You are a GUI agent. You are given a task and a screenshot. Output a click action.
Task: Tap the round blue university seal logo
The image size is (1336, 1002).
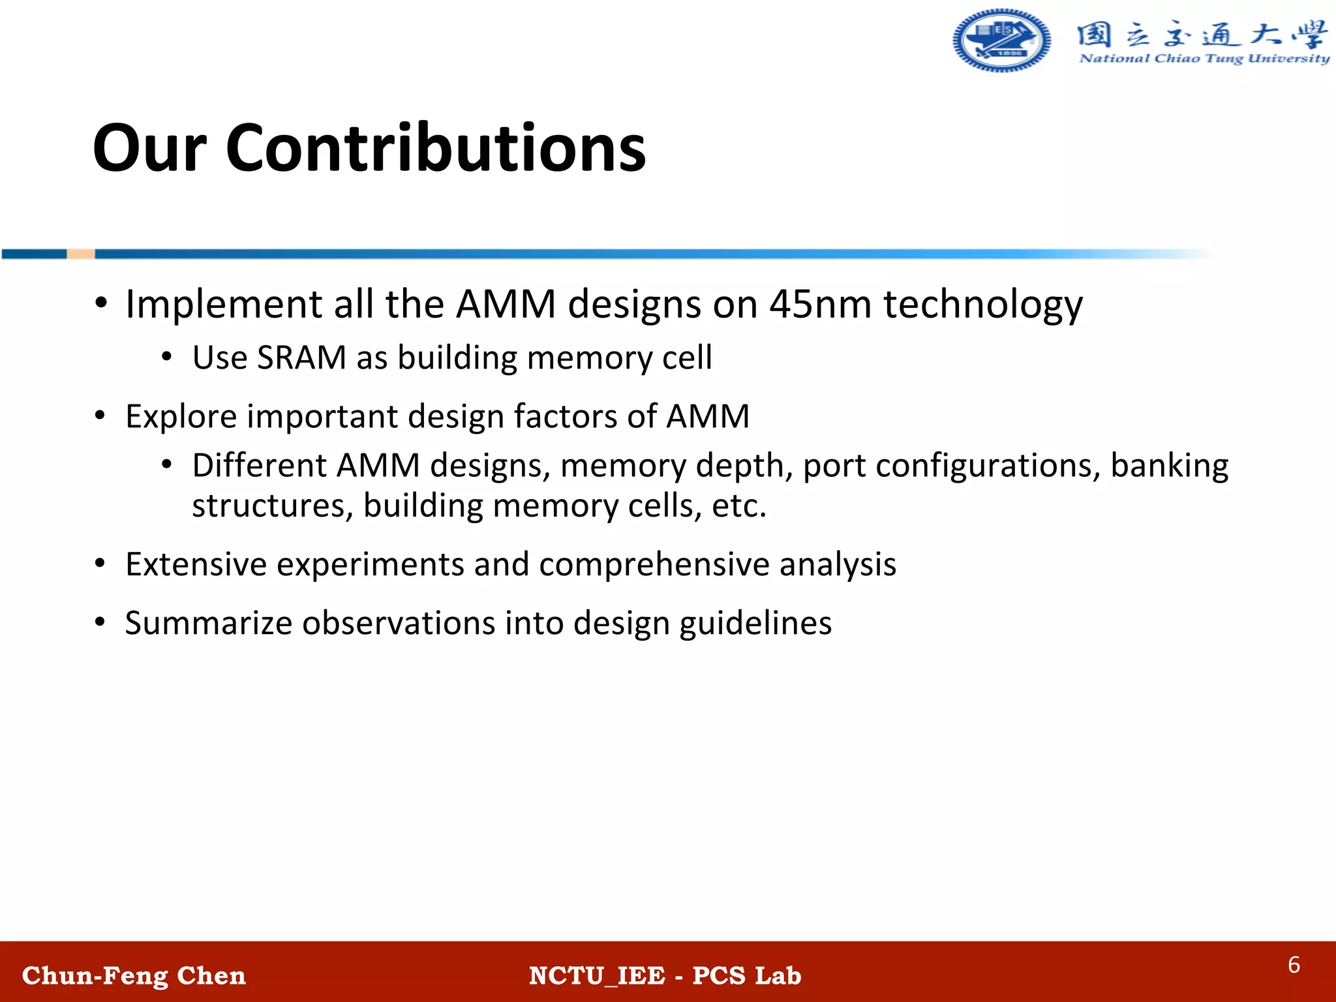(1001, 40)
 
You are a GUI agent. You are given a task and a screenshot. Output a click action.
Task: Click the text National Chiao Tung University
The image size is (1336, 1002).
(1204, 59)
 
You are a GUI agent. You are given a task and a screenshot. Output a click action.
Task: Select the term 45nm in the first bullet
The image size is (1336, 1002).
(820, 304)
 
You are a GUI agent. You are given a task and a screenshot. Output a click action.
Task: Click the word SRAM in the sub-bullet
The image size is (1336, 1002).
(301, 358)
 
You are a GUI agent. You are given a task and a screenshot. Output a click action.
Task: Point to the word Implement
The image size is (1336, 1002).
(224, 305)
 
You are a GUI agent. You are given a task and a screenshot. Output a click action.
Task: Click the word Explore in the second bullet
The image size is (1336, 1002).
(181, 417)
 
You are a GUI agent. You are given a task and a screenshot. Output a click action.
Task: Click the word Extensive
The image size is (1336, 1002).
(196, 564)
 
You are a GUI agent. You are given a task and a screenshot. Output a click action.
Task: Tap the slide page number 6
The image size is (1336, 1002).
(1294, 965)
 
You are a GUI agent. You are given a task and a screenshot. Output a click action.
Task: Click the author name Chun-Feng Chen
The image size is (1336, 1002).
(134, 976)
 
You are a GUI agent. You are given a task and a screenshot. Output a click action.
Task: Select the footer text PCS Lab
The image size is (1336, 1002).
(746, 976)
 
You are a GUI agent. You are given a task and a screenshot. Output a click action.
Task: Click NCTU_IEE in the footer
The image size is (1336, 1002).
(596, 976)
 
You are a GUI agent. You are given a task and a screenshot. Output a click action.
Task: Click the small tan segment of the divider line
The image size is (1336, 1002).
(81, 254)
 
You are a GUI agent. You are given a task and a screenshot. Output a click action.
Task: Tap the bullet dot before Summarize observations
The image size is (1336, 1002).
(100, 622)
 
